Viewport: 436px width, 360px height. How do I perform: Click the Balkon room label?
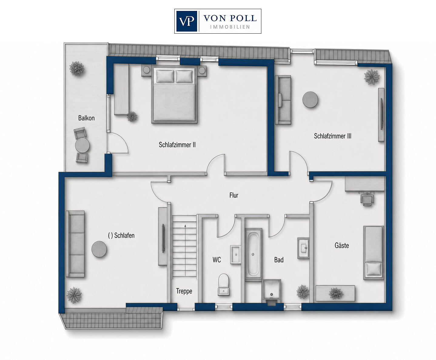[x=86, y=118]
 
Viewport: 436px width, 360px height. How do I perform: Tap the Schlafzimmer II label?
[x=177, y=145]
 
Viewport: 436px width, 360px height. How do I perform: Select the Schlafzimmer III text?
[x=333, y=136]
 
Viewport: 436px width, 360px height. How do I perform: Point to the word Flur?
[x=234, y=195]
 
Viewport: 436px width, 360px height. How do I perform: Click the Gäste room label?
[x=342, y=245]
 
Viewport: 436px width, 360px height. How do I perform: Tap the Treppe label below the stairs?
[x=184, y=291]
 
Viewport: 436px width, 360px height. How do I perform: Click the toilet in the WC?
[x=224, y=284]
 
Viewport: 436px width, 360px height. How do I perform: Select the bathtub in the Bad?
[x=253, y=254]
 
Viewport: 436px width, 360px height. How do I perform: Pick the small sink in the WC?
[x=236, y=254]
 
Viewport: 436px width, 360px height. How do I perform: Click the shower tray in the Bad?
[x=272, y=291]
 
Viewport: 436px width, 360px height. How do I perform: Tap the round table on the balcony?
[x=82, y=145]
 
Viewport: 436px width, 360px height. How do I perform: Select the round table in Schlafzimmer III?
[x=310, y=100]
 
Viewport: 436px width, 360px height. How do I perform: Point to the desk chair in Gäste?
[x=367, y=199]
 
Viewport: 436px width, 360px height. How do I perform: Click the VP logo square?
[x=186, y=21]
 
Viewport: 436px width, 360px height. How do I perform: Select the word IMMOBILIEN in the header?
[x=230, y=27]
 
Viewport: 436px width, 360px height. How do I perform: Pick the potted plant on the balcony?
[x=77, y=69]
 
